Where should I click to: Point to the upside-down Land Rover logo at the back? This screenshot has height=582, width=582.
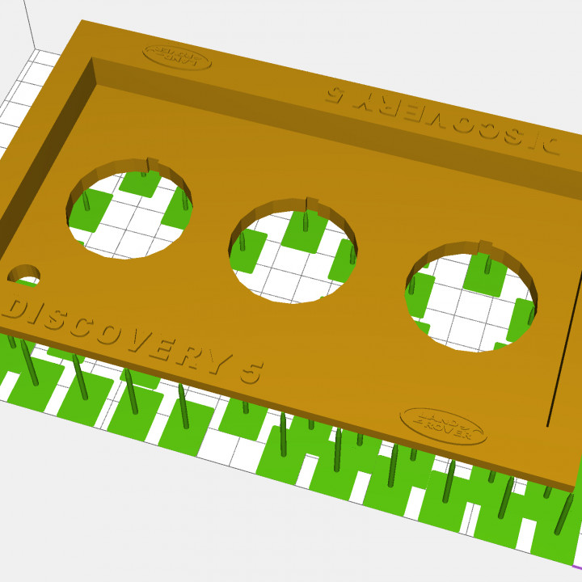point(177,56)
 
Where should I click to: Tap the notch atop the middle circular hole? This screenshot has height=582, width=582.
point(310,202)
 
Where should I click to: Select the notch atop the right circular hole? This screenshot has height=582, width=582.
point(483,246)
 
